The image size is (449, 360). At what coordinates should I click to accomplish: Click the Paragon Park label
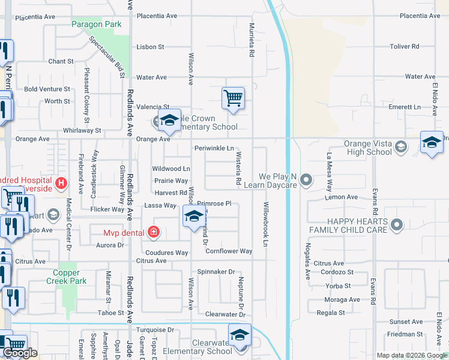[x=96, y=25]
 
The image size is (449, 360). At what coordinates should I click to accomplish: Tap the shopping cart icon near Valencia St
[x=232, y=98]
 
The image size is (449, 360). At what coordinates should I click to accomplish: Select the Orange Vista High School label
[x=368, y=148]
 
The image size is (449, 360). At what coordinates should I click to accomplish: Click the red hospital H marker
[x=60, y=182]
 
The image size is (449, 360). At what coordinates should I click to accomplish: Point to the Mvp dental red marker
[x=154, y=232]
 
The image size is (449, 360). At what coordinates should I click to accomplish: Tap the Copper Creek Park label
[x=67, y=277]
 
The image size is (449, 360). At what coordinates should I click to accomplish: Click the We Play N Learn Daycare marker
[x=307, y=179]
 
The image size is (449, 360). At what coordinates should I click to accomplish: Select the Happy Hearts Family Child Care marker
[x=396, y=225]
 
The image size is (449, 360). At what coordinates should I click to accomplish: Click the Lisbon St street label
[x=150, y=47]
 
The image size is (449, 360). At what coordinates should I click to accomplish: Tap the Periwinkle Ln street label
[x=213, y=148]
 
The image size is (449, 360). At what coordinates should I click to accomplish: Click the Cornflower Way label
[x=229, y=251]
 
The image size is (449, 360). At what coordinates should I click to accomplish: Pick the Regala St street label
[x=331, y=313]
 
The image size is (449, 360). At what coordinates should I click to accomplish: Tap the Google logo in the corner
[x=20, y=353]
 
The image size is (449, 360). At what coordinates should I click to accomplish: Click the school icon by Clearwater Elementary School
[x=239, y=335]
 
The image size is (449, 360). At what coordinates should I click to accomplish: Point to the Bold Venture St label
[x=47, y=89]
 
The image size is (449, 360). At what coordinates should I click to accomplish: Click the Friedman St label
[x=405, y=334]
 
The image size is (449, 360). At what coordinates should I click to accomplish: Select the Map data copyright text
[x=411, y=355]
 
